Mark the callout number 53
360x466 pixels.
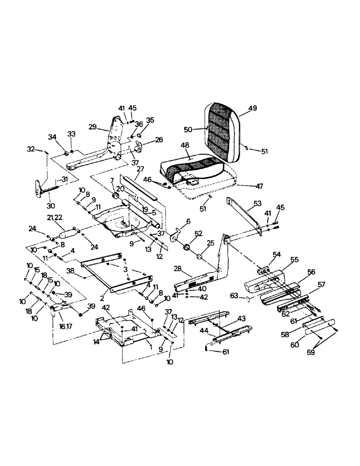click(x=257, y=204)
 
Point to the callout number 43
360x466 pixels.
click(x=241, y=318)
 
